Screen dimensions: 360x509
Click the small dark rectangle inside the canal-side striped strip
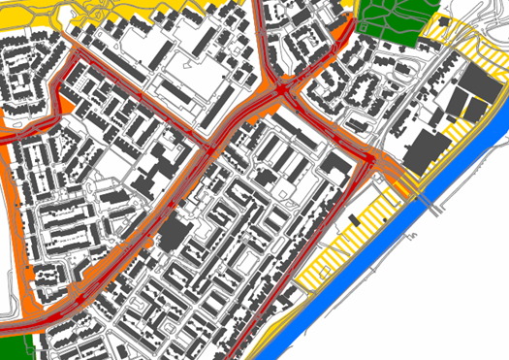point(354,219)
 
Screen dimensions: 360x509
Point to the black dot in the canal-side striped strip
point(385,219)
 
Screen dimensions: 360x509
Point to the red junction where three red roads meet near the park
point(283,89)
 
